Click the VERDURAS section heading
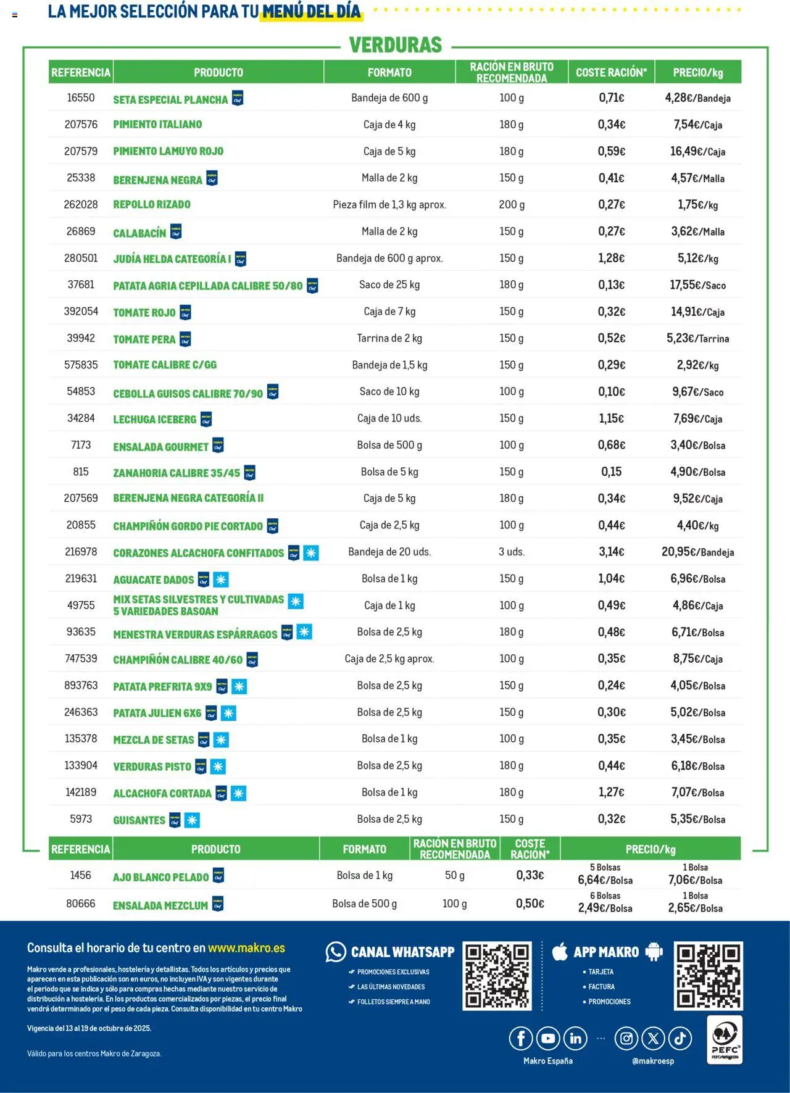click(x=396, y=45)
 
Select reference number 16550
click(x=81, y=98)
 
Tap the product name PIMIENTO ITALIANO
click(x=157, y=125)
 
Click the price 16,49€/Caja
click(x=697, y=151)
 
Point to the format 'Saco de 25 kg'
click(x=389, y=285)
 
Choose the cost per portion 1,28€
click(x=611, y=258)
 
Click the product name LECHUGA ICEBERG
click(x=154, y=419)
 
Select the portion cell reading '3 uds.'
click(x=512, y=552)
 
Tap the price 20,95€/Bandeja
click(x=697, y=552)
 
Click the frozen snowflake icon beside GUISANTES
click(x=192, y=820)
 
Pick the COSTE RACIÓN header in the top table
click(x=611, y=72)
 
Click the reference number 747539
click(x=81, y=659)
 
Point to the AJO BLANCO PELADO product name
click(x=160, y=877)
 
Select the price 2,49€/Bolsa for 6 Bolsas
click(x=605, y=908)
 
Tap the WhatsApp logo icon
click(x=336, y=952)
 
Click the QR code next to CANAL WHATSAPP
click(x=497, y=975)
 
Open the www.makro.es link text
click(x=246, y=948)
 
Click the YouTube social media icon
click(x=548, y=1039)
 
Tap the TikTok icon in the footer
click(x=680, y=1039)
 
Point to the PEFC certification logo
click(x=725, y=1040)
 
